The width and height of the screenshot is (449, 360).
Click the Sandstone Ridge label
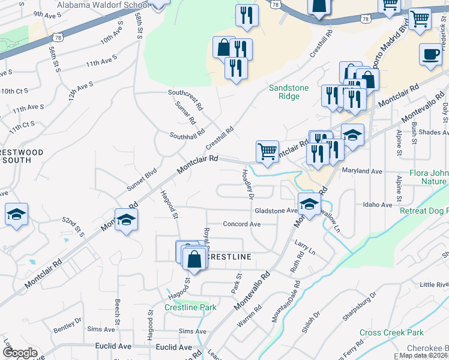[288, 92]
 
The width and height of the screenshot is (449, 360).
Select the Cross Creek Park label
[391, 332]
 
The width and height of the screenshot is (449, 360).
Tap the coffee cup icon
[430, 54]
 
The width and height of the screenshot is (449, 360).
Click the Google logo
[20, 353]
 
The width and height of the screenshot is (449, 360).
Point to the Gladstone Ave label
[276, 211]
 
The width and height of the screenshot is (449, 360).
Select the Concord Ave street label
[241, 224]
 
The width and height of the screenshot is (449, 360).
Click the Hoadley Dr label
[247, 183]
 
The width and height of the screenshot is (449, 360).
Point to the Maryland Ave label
[362, 171]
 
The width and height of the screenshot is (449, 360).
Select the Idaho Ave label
[378, 205]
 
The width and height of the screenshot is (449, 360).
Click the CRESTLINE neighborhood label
[228, 256]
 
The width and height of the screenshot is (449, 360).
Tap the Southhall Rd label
[187, 134]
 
